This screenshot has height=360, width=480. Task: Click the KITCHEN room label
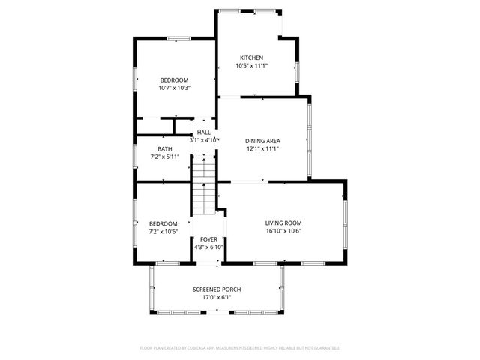251,58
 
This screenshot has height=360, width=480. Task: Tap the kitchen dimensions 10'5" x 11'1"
251,66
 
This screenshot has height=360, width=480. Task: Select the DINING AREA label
262,141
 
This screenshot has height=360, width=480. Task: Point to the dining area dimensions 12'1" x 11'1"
262,148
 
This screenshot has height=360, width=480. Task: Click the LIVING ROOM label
283,223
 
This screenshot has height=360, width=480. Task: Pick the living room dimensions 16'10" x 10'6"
283,231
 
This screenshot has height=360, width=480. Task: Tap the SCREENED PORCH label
217,289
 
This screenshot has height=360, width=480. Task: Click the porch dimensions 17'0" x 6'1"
217,297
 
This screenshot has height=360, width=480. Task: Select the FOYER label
208,239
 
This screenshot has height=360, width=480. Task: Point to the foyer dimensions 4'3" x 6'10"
208,247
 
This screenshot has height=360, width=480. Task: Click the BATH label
165,149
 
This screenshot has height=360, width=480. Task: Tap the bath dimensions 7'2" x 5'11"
165,157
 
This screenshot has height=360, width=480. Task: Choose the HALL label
203,133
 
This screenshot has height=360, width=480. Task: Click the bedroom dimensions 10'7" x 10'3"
173,88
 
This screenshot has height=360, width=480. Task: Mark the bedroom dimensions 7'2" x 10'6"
163,232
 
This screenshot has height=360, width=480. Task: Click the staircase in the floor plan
202,187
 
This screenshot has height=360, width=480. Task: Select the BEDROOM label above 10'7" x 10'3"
173,80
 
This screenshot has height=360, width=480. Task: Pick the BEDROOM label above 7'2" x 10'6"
163,223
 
